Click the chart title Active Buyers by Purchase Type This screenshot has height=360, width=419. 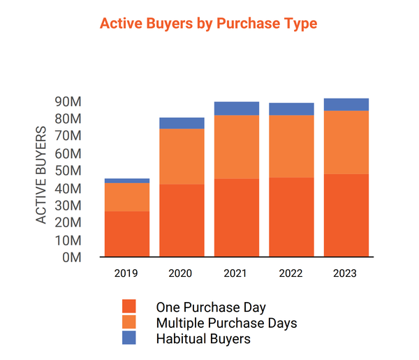point(208,23)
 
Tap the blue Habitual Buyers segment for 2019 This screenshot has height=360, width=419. point(127,180)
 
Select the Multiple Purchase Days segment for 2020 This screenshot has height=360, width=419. point(182,157)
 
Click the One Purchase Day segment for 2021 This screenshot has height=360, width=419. point(237,217)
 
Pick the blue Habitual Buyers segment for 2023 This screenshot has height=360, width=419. point(346,105)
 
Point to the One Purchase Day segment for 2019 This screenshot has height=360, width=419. point(127,233)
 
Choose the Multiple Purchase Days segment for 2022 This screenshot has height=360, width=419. point(291,146)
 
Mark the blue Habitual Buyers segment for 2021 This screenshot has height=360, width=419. point(237,108)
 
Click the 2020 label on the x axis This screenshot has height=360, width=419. point(182,273)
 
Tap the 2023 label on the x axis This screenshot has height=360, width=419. point(346,273)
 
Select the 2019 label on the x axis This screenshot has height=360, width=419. point(127,273)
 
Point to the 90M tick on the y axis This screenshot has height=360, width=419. point(68,102)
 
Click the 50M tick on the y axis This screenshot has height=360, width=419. point(68,171)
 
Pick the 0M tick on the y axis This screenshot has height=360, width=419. point(73,257)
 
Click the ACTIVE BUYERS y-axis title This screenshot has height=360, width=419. point(42,175)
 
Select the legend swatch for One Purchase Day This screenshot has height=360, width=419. point(128,307)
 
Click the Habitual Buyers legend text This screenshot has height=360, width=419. point(203,339)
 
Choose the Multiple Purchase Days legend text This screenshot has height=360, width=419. point(226,323)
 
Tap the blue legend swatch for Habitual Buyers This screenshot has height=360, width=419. point(128,338)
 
